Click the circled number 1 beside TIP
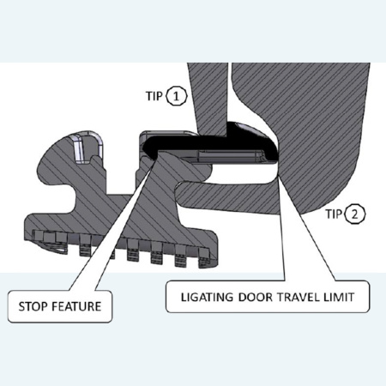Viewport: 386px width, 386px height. pos(176,96)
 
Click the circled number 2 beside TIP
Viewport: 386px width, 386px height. pos(355,214)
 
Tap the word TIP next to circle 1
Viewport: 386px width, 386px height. pos(154,96)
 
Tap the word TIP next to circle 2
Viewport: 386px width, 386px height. pos(334,214)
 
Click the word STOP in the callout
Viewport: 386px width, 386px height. pos(33,306)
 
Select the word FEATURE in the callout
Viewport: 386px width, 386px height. pos(75,306)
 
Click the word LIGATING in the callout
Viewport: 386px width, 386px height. pos(207,298)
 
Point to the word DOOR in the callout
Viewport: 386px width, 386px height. pos(256,298)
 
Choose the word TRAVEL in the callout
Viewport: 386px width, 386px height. pos(299,298)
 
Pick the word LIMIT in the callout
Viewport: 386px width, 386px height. pos(339,298)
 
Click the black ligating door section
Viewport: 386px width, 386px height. pos(212,142)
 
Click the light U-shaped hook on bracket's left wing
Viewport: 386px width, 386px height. pos(87,147)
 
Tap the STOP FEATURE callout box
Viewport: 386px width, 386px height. pos(60,306)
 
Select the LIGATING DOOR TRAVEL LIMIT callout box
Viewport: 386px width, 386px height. pos(268,297)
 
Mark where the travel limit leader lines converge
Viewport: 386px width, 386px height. pos(279,178)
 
